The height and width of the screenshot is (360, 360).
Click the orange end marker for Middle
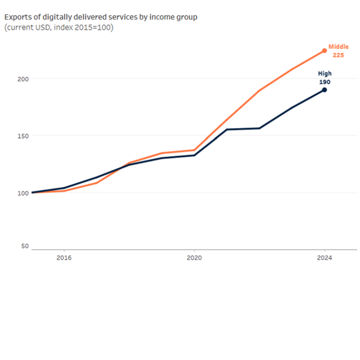324,51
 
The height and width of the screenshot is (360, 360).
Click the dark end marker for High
324,90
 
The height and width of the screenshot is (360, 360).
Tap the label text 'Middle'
338,47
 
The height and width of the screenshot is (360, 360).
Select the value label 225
338,55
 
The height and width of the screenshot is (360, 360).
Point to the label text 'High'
324,74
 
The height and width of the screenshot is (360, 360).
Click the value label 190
324,82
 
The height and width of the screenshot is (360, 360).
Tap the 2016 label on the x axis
64,257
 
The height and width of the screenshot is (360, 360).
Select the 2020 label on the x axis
194,257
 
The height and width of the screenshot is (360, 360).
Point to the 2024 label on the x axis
324,257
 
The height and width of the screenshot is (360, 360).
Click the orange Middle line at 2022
259,90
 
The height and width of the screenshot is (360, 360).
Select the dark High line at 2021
227,129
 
